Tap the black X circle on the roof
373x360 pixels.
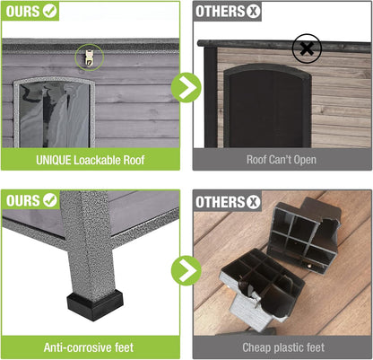tap(307, 48)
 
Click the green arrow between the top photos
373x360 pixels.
tap(186, 87)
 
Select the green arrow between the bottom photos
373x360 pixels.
tap(186, 269)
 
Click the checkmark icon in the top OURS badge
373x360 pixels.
tap(51, 13)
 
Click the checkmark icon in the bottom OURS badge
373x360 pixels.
tap(51, 201)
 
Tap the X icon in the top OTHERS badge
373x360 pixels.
tap(254, 13)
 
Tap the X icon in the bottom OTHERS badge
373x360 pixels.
tap(254, 201)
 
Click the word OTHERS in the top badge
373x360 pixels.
tap(221, 13)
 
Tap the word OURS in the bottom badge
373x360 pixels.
tap(23, 201)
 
